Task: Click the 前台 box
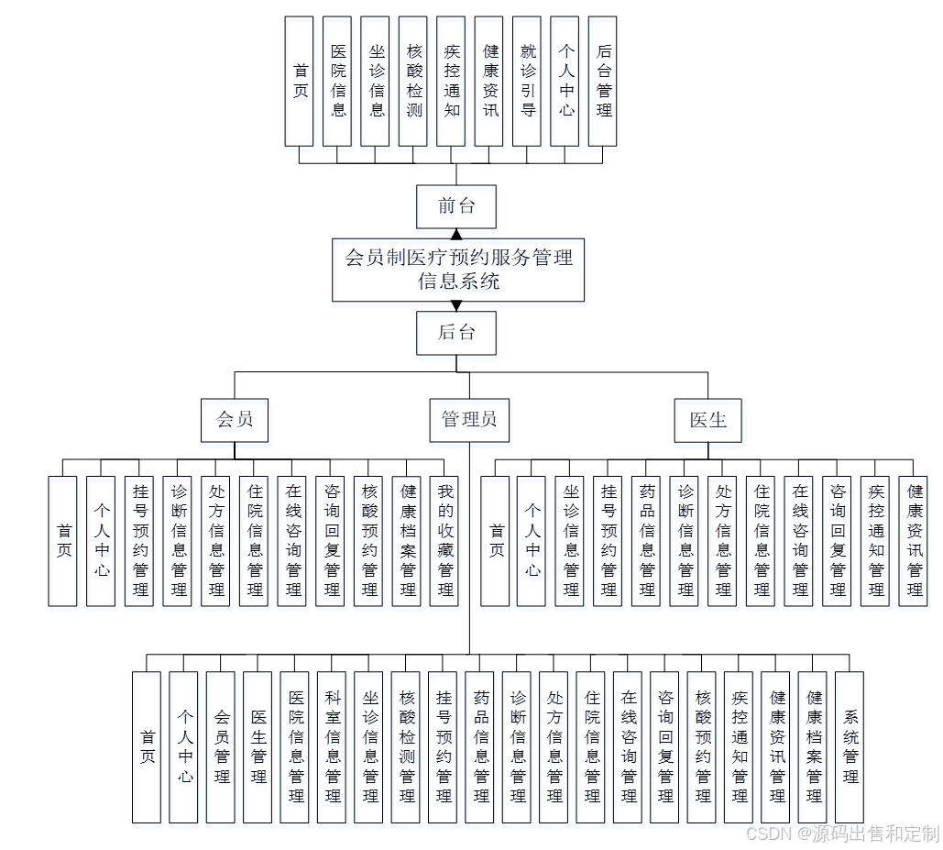click(x=455, y=206)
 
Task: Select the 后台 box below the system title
click(x=455, y=333)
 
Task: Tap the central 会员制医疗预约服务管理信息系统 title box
click(x=457, y=270)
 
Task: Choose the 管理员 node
click(x=469, y=420)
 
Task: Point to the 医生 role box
click(x=707, y=420)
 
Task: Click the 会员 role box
click(x=234, y=420)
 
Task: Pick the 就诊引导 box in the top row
click(x=527, y=81)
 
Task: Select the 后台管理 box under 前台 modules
click(x=602, y=81)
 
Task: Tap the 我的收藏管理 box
click(x=444, y=541)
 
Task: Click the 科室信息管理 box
click(x=333, y=746)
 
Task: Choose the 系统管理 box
click(x=850, y=746)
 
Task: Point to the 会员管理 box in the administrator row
click(x=221, y=746)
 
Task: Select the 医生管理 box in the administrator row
click(x=258, y=746)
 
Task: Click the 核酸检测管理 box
click(x=407, y=746)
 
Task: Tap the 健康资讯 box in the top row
click(x=489, y=81)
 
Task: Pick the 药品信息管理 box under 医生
click(x=647, y=541)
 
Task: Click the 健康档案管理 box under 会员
click(x=407, y=541)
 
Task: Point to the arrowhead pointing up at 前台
click(x=455, y=234)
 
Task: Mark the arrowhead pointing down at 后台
click(x=455, y=306)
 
